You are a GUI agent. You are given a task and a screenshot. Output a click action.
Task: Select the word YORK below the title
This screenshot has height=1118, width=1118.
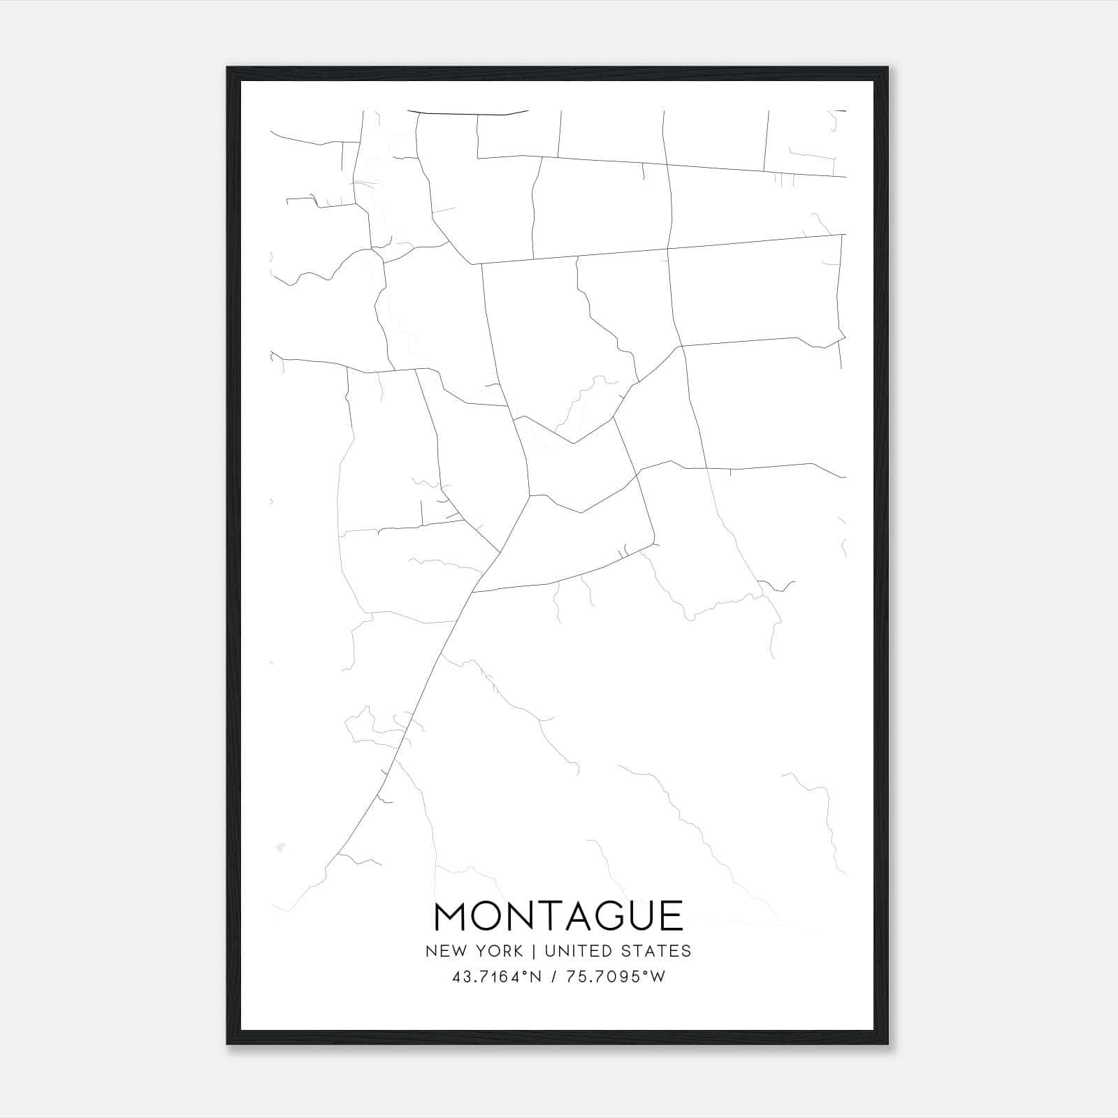tap(500, 950)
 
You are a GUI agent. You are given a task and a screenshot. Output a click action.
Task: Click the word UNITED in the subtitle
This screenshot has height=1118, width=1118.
tap(571, 950)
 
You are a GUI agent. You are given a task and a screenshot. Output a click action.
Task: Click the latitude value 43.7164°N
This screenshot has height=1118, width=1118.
tap(495, 977)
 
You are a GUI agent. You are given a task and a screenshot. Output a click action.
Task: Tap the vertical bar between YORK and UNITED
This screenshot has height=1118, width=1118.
tap(532, 950)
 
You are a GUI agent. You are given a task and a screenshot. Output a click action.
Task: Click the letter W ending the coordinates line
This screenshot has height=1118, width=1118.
tap(658, 977)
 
